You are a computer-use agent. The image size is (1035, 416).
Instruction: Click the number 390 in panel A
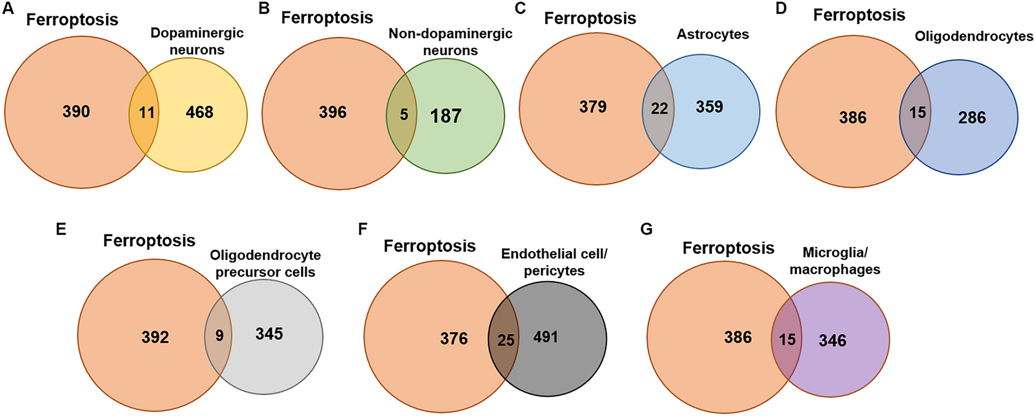(76, 112)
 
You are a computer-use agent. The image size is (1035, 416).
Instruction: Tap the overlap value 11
(147, 113)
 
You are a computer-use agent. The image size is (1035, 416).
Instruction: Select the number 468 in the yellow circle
(200, 113)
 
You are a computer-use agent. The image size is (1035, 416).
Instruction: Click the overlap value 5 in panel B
(404, 115)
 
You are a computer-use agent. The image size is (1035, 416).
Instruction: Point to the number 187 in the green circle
(446, 116)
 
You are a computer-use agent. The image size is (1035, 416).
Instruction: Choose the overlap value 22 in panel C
(659, 108)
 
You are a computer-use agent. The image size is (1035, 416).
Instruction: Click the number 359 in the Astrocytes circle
(709, 107)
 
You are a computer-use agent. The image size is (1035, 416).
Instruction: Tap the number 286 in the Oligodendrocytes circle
(972, 118)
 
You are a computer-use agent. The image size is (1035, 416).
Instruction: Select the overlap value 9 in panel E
(219, 335)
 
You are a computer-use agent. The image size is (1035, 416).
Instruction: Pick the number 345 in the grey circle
(269, 334)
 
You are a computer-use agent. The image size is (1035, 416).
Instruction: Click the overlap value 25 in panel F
(506, 340)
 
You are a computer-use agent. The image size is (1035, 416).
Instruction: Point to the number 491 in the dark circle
(546, 337)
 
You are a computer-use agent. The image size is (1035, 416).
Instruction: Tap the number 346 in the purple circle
(832, 340)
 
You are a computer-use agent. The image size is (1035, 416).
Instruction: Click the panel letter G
(646, 229)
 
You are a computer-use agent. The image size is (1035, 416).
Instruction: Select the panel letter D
(781, 9)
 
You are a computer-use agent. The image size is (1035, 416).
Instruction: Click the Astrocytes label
(713, 35)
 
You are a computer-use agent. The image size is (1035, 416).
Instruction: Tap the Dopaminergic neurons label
(197, 41)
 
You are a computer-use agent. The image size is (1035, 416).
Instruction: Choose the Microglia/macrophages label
(835, 261)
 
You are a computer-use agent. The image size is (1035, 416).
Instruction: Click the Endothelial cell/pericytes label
(554, 262)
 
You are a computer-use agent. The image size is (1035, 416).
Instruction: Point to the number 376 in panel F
(454, 339)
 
